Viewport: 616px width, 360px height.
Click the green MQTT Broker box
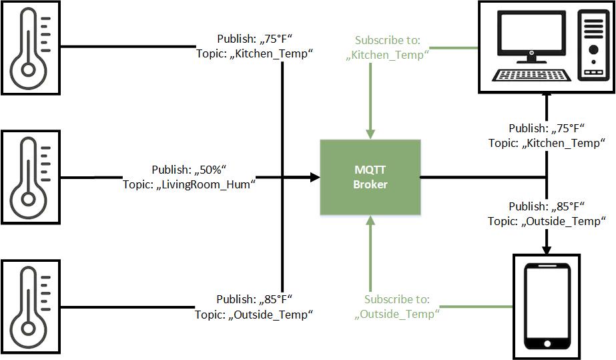pyautogui.click(x=370, y=178)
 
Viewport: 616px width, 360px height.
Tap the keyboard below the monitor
pyautogui.click(x=531, y=74)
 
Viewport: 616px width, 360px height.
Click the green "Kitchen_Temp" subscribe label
pyautogui.click(x=387, y=55)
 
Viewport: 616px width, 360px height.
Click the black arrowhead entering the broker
pyautogui.click(x=315, y=178)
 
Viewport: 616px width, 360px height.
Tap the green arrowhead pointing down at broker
pyautogui.click(x=370, y=134)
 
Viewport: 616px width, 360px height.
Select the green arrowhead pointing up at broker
pyautogui.click(x=370, y=221)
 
